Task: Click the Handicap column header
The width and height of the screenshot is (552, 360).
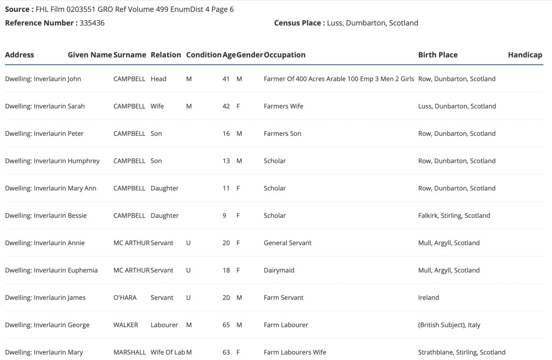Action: [x=525, y=55]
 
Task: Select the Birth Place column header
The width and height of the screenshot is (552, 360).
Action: [x=438, y=55]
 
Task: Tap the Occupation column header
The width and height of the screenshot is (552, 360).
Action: [x=285, y=55]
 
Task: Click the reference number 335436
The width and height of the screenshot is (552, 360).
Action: [x=92, y=23]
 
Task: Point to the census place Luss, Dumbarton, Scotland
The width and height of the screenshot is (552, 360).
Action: [x=372, y=23]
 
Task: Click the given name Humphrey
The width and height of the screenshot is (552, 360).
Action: [x=84, y=161]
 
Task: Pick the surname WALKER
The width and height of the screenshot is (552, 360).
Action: [x=126, y=325]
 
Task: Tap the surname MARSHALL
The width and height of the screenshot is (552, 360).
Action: [x=129, y=352]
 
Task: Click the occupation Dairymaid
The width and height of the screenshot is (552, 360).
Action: [x=279, y=271]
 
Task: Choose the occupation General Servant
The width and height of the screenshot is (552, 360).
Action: [x=287, y=243]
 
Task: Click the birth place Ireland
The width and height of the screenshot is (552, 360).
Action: [x=429, y=297]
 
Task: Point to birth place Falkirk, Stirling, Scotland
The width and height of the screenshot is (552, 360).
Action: [x=454, y=216]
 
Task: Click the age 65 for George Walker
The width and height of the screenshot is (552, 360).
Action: [x=226, y=325]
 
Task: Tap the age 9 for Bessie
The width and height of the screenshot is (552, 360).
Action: [x=226, y=216]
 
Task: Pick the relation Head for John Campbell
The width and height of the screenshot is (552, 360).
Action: [x=158, y=79]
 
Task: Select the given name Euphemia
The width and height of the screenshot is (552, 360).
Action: [x=82, y=271]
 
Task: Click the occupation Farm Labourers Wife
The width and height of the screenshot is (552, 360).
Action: [x=295, y=352]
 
